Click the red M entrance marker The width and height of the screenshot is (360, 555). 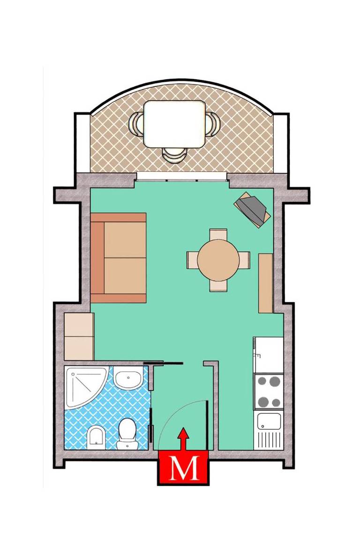coord(183,468)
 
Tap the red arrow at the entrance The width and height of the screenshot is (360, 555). coord(183,439)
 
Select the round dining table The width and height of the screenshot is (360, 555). coord(218,260)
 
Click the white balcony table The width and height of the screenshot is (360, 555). coord(175,124)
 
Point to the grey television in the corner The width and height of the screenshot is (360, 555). coord(253,210)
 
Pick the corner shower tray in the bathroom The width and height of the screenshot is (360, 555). coord(85,388)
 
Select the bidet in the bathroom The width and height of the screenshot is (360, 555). coord(96,438)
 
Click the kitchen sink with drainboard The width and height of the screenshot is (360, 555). coord(269,430)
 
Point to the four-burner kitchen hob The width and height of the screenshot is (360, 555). coord(269,392)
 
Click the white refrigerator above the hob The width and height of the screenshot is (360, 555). coord(269,355)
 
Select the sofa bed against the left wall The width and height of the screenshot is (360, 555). coord(118,258)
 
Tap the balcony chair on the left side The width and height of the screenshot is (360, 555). coord(136,124)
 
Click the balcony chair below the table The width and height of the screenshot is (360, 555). coord(174,155)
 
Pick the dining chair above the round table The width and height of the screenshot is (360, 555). coord(218,235)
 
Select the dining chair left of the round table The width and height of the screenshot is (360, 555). coord(192,260)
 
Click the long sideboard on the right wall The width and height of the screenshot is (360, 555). coord(266,283)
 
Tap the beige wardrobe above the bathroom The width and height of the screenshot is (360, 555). coord(79,336)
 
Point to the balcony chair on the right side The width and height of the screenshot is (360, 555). coord(213,124)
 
